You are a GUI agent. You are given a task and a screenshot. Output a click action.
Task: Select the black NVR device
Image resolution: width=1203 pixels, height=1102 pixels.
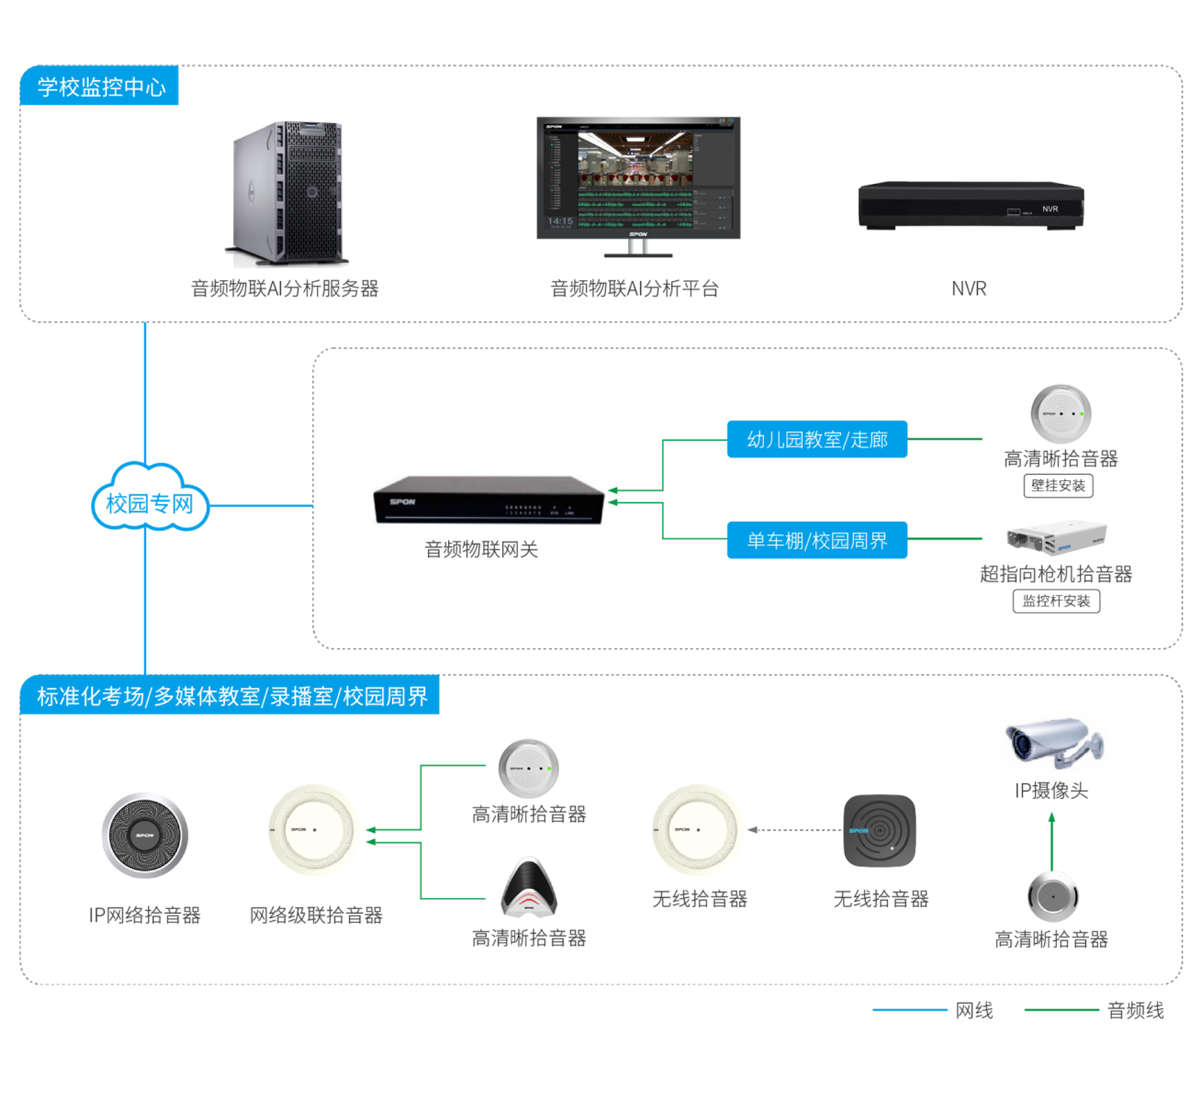click(970, 206)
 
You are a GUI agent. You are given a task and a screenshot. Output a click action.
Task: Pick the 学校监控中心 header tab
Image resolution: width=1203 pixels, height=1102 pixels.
click(100, 86)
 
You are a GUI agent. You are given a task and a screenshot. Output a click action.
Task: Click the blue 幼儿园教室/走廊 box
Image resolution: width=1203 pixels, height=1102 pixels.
click(816, 439)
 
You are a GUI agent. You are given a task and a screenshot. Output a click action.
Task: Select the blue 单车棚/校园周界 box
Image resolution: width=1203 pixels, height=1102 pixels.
click(816, 540)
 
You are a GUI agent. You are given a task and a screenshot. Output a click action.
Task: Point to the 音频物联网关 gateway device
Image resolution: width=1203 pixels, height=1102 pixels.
click(488, 499)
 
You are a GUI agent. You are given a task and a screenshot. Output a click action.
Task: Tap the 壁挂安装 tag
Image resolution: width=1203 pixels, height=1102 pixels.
click(1058, 486)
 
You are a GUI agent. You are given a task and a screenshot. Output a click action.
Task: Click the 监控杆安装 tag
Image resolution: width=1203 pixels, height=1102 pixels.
click(1056, 601)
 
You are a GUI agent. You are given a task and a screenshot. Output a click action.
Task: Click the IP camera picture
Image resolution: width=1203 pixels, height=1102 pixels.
click(1053, 743)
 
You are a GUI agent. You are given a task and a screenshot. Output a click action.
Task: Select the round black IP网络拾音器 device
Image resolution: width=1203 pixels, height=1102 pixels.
click(145, 835)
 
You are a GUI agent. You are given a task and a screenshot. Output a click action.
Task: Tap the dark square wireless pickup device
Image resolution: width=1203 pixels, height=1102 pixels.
click(879, 831)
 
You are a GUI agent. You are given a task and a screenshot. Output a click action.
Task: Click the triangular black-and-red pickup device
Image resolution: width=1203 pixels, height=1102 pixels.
click(529, 887)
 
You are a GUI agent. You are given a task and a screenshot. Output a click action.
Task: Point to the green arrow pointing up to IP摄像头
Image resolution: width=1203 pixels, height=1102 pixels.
click(1051, 841)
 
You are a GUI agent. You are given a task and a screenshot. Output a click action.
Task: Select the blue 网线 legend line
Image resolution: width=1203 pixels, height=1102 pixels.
click(909, 1010)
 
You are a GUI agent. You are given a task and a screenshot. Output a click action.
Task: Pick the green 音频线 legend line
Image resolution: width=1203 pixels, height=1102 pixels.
click(1061, 1010)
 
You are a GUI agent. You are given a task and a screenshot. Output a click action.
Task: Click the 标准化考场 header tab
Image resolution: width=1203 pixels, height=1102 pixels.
click(231, 696)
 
